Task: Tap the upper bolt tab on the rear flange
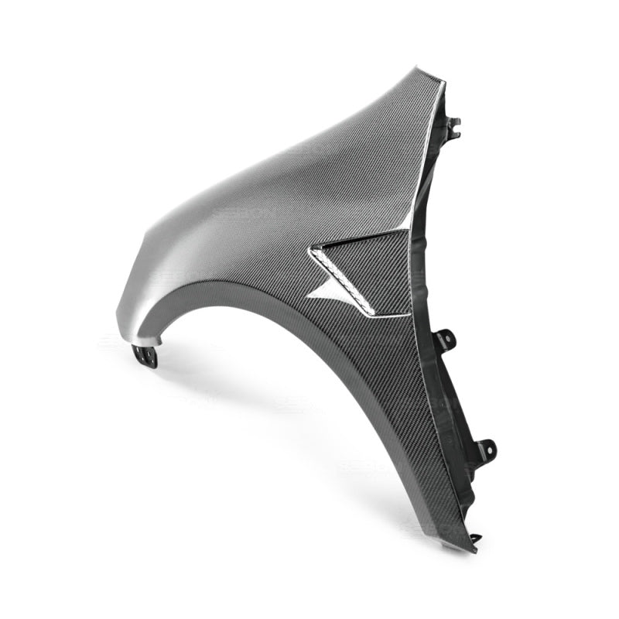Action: click(446, 338)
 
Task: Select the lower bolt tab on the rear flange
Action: click(485, 448)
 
